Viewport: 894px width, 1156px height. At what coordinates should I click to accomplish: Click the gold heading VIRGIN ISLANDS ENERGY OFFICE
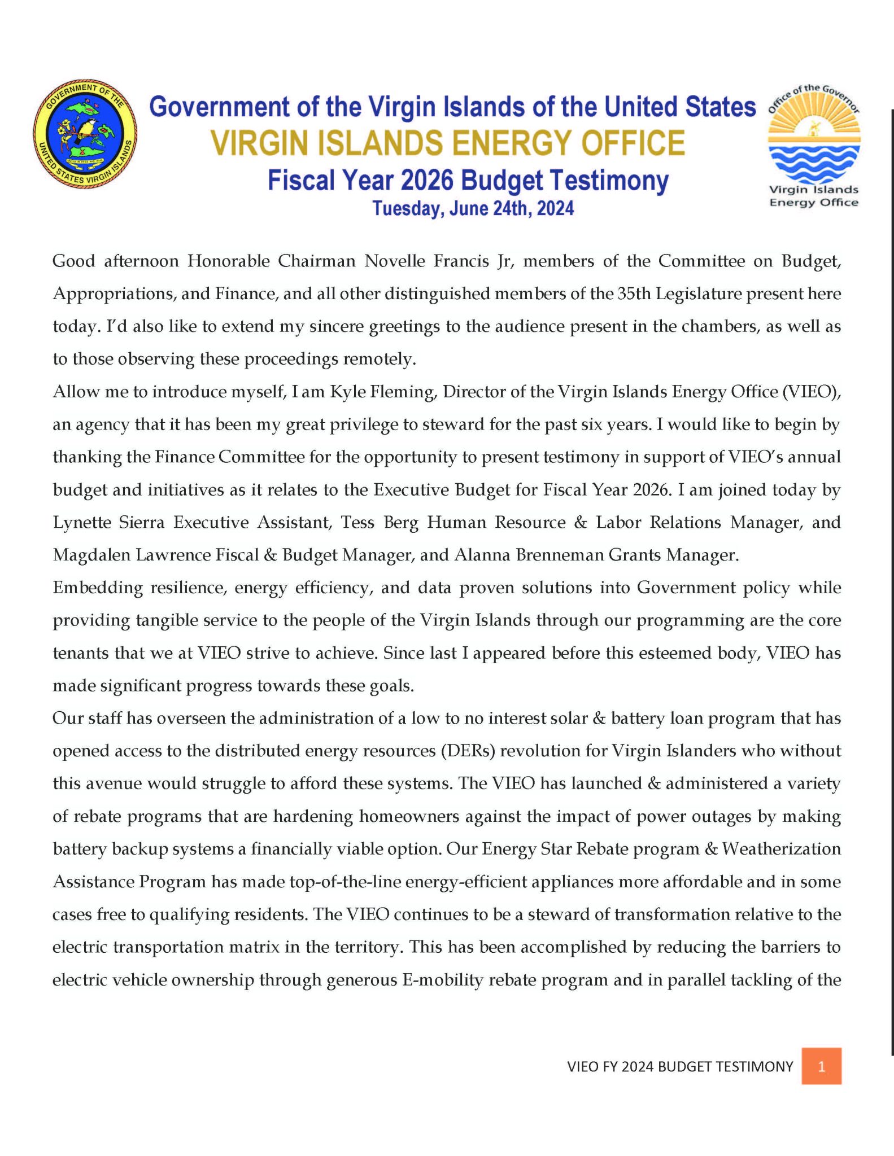(x=447, y=143)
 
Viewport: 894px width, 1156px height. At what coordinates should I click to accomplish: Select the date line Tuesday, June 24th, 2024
(x=473, y=208)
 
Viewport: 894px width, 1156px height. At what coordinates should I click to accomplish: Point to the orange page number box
(x=821, y=1066)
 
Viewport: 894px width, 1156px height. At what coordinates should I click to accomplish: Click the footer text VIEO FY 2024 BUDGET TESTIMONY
(x=680, y=1066)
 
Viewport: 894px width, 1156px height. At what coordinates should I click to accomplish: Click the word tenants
(x=80, y=653)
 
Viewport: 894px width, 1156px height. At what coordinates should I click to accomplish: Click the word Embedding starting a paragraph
(x=97, y=588)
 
